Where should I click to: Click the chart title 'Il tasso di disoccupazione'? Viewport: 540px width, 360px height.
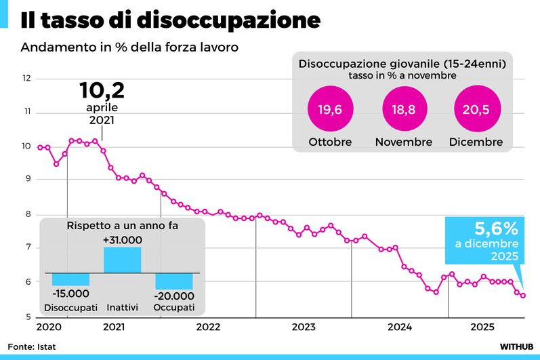[x=170, y=20]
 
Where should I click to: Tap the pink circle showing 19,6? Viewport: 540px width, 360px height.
[x=330, y=108]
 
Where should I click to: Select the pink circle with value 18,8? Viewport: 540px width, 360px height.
[x=404, y=108]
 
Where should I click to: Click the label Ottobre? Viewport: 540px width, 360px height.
[x=330, y=142]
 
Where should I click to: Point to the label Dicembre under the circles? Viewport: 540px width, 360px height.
[x=476, y=142]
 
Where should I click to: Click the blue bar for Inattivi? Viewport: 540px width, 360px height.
[x=122, y=260]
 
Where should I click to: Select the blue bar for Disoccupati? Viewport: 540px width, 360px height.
[x=70, y=279]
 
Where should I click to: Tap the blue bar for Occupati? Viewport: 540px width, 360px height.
[x=174, y=281]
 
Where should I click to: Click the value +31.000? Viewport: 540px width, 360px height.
[x=122, y=240]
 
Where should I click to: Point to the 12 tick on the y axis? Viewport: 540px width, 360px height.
[x=27, y=78]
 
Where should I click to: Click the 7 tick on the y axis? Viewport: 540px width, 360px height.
[x=27, y=248]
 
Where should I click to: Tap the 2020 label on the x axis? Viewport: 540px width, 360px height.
[x=48, y=327]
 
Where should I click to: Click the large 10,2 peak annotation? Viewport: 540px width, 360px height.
[x=102, y=90]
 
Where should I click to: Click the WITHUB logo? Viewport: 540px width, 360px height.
[x=516, y=346]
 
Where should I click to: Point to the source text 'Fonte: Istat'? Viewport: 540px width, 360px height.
[x=33, y=346]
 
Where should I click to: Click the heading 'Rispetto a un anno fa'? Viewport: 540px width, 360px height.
[x=122, y=226]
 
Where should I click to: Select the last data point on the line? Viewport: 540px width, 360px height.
[x=522, y=295]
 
